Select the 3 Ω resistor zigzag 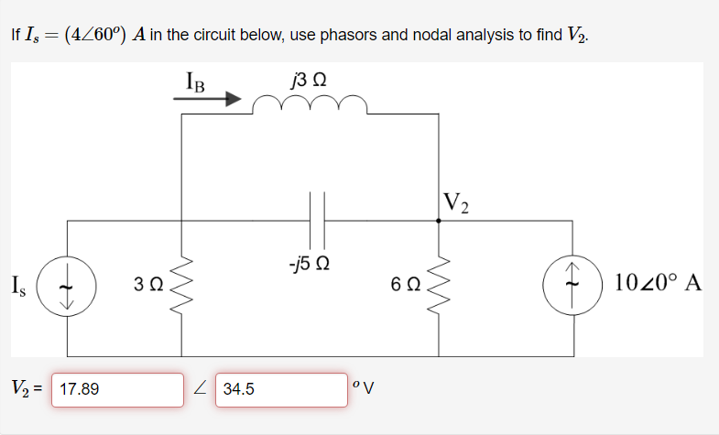[181, 287]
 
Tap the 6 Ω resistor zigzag [440, 285]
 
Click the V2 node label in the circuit [455, 203]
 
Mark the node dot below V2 [440, 220]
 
